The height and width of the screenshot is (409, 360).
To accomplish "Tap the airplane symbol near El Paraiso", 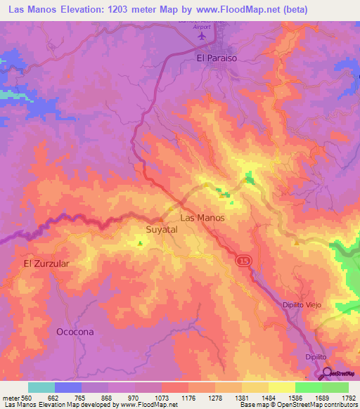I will [204, 34].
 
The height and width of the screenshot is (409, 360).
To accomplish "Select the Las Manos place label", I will [202, 218].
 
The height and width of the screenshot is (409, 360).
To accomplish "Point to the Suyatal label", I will [162, 230].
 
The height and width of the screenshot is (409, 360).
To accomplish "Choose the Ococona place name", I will [75, 330].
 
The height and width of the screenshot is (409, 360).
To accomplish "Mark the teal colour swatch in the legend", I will [41, 387].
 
